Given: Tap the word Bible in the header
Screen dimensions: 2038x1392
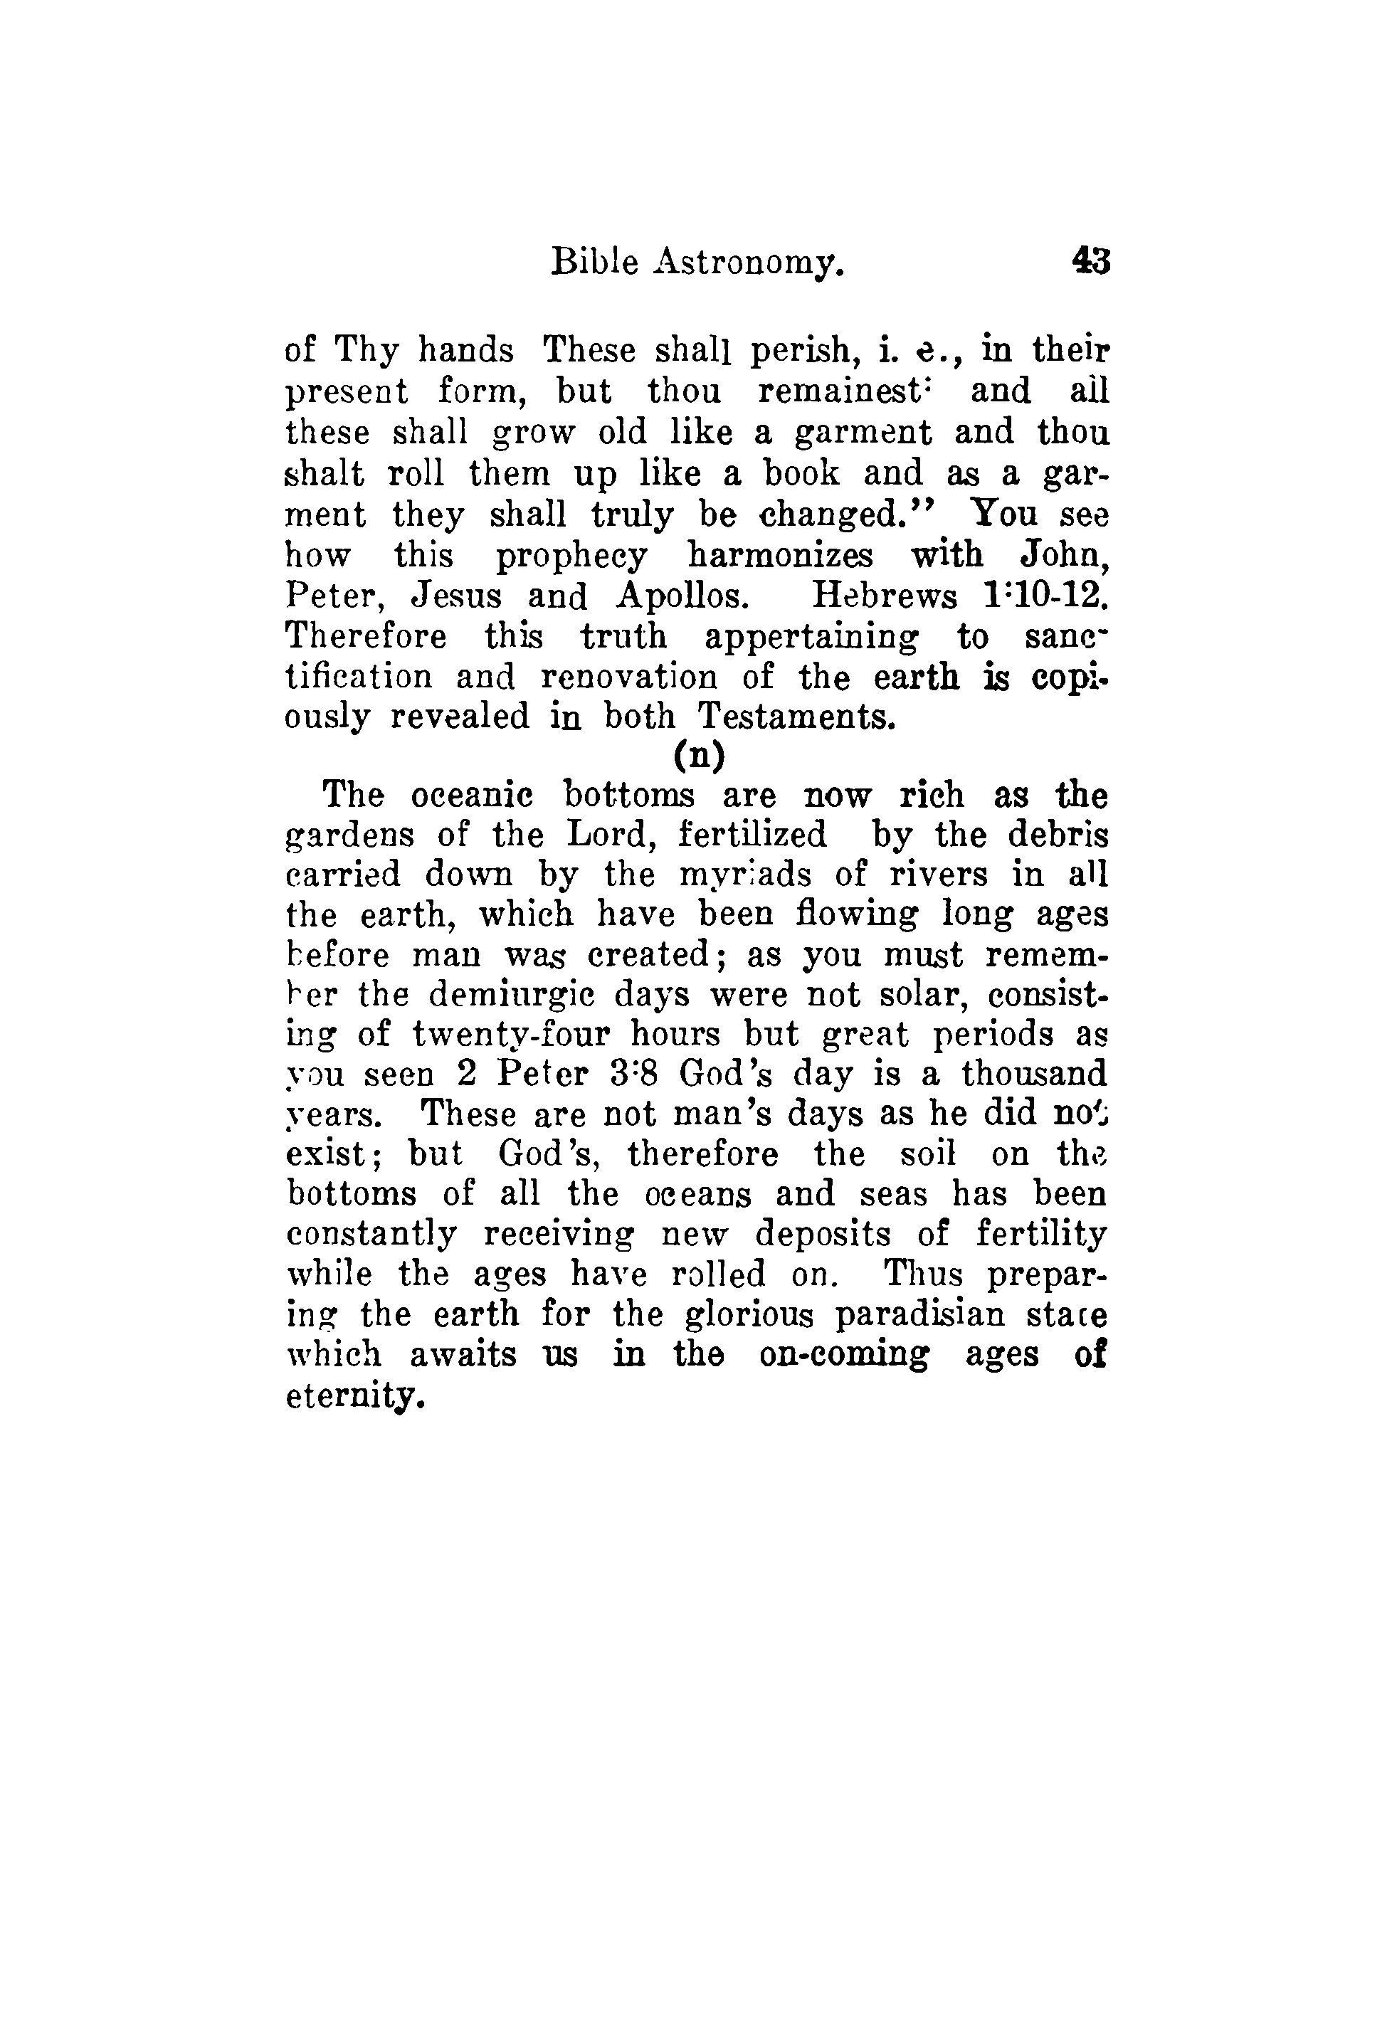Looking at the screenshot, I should click(594, 261).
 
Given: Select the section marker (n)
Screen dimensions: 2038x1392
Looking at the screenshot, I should click(699, 755).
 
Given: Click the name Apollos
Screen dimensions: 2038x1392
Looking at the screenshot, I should click(682, 596).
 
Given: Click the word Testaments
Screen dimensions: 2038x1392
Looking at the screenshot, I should click(796, 717).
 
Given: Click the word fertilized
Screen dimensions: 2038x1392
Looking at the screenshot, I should click(752, 835).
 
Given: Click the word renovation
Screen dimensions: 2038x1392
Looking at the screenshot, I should click(628, 677).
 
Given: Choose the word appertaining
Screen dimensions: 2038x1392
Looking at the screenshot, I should click(812, 638).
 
